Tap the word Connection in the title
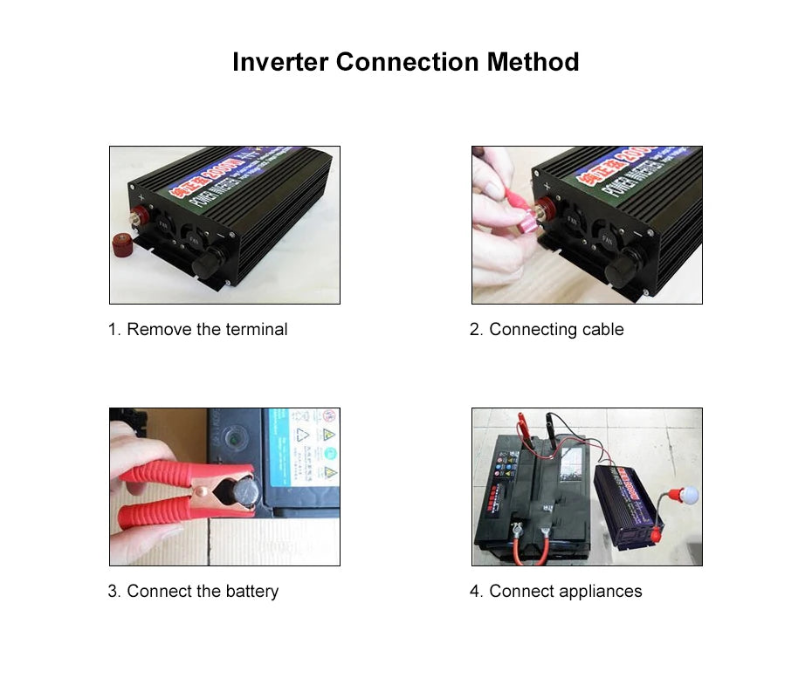(408, 63)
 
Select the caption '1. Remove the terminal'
(197, 330)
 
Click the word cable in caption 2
(602, 330)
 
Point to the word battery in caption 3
(251, 592)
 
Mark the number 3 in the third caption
(114, 592)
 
